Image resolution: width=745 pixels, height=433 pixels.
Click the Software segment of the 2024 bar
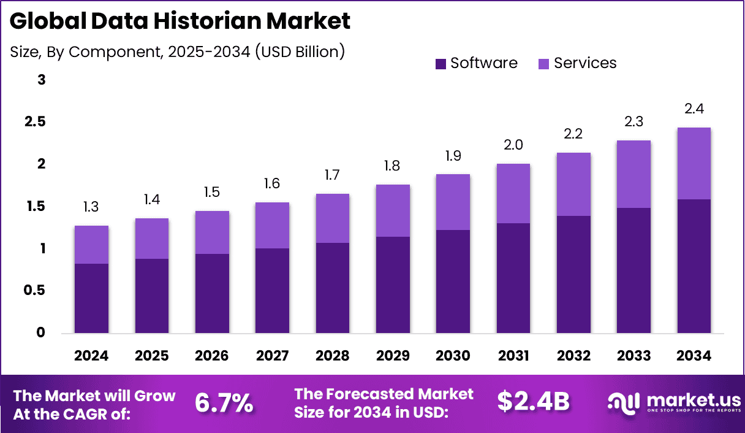click(91, 299)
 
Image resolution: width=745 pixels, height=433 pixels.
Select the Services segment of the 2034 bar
click(694, 163)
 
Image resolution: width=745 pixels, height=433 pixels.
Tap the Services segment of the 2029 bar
click(393, 210)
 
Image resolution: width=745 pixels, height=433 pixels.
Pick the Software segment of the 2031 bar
click(513, 278)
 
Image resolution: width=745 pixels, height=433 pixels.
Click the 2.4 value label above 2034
click(694, 109)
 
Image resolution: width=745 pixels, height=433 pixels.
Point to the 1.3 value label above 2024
click(91, 207)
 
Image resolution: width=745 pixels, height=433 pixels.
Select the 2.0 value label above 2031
click(513, 145)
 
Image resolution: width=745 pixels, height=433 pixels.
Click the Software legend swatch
click(441, 64)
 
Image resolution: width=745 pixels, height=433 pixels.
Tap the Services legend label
click(585, 63)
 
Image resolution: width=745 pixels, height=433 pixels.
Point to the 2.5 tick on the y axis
click(35, 122)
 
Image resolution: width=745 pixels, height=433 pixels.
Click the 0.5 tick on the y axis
click(35, 291)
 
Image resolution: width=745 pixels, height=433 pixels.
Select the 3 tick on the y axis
click(42, 80)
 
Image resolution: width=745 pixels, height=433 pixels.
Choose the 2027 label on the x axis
click(272, 356)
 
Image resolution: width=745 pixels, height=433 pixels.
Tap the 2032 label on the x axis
click(573, 356)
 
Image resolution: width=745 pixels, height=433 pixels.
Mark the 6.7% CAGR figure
click(224, 402)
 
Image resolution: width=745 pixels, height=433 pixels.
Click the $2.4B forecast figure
click(533, 402)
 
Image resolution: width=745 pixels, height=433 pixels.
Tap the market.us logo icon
click(624, 402)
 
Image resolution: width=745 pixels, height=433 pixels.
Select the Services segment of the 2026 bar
click(212, 232)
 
